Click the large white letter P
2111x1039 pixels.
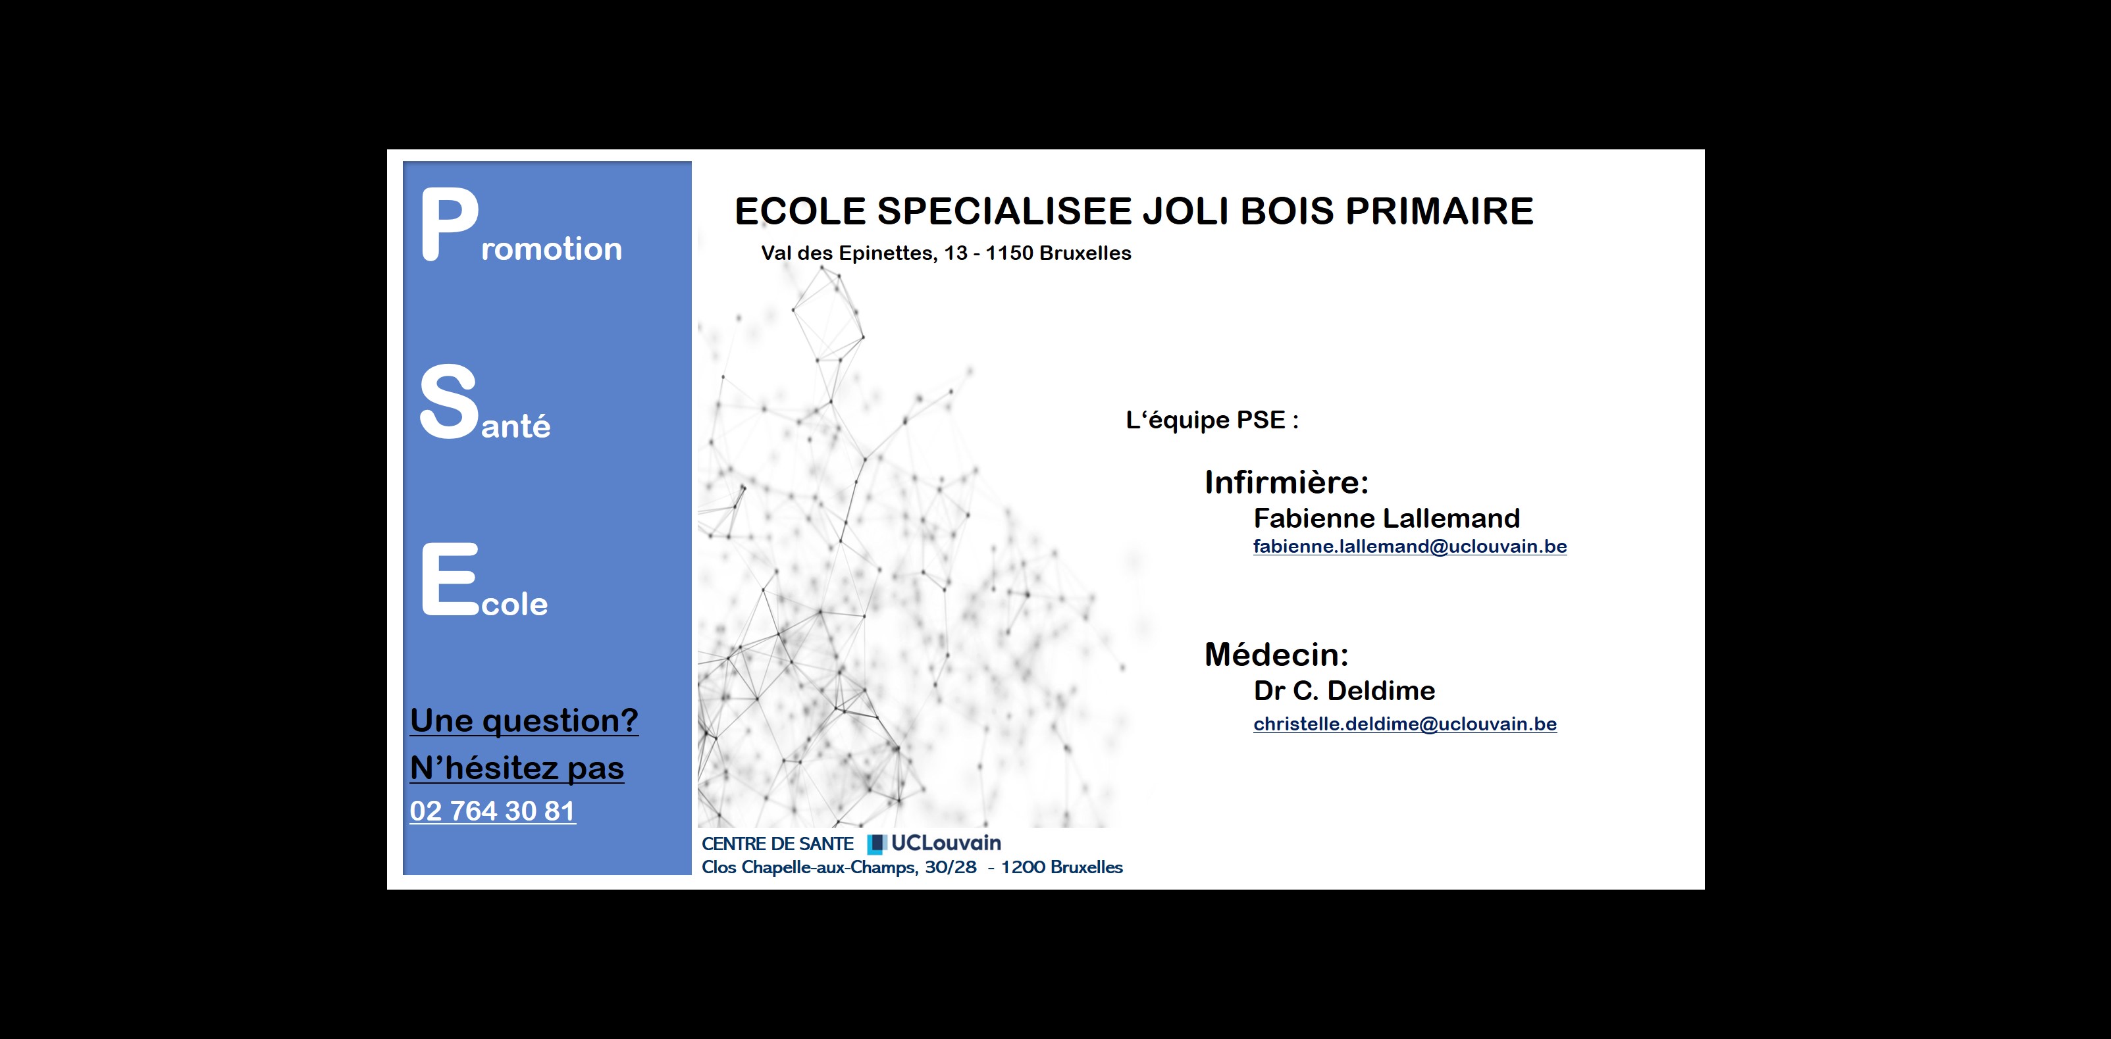tap(450, 224)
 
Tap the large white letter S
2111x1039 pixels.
tap(448, 401)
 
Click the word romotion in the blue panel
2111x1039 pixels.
tap(552, 248)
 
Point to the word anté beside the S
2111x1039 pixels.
tap(515, 425)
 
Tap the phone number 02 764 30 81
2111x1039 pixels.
tap(492, 811)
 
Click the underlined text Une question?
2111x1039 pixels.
tap(524, 721)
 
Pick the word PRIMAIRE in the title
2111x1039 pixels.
tap(1439, 211)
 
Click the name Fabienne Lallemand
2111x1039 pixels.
tap(1386, 518)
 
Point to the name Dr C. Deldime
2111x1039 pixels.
tap(1344, 691)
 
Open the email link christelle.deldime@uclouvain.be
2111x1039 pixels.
tap(1405, 724)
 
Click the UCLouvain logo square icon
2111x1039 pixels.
tap(877, 844)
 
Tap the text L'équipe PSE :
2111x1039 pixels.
tap(1212, 420)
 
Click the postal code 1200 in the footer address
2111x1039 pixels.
tap(1023, 867)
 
